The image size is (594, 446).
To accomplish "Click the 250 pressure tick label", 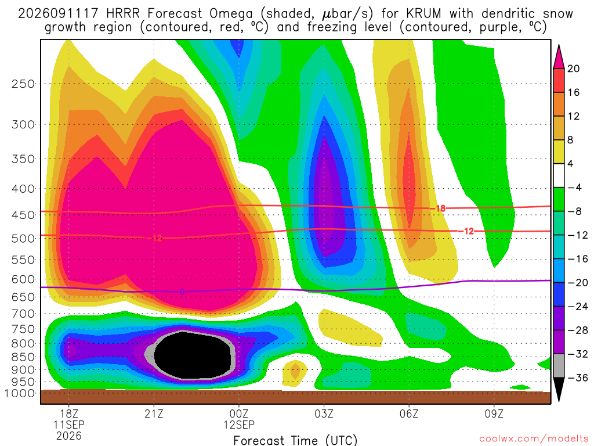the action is tap(23, 84).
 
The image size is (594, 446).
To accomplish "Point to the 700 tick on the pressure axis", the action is tap(23, 314).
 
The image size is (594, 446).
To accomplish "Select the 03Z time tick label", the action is tap(324, 413).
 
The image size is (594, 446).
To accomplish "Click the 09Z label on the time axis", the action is tap(494, 413).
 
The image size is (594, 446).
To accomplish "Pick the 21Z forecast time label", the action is tap(154, 413).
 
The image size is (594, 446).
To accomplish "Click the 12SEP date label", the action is tap(239, 425).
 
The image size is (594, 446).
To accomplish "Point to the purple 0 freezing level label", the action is tap(182, 292).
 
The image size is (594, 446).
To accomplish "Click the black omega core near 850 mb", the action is tap(193, 355).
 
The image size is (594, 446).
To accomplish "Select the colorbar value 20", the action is tap(574, 69).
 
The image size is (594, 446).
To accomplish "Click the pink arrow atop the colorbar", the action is tap(559, 57).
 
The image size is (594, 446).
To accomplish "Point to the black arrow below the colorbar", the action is tap(559, 389).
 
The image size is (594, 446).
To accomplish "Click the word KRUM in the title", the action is tap(424, 14).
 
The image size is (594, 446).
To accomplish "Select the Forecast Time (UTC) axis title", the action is tap(295, 440).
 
